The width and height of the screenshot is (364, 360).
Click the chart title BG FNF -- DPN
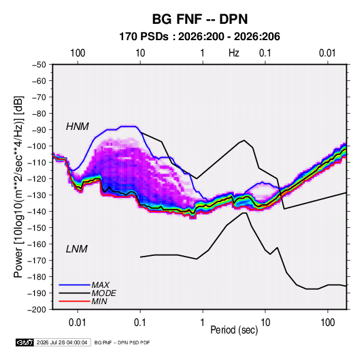point(200,19)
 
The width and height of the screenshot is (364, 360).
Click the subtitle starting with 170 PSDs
point(199,37)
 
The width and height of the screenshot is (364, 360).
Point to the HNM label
point(78,127)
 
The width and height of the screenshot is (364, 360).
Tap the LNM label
point(77,249)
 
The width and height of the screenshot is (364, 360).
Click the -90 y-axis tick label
point(39,130)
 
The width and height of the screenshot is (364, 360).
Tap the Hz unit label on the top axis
point(234,53)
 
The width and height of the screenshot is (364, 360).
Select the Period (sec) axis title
point(234,330)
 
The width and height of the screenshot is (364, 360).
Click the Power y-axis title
point(18,187)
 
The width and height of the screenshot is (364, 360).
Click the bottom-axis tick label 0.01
point(78,323)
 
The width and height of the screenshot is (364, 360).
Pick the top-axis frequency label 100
point(78,53)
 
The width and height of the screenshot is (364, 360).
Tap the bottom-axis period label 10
point(265,323)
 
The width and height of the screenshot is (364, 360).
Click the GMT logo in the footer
point(25,342)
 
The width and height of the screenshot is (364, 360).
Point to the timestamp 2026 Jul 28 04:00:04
point(62,342)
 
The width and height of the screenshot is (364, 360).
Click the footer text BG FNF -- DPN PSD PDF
point(122,342)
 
